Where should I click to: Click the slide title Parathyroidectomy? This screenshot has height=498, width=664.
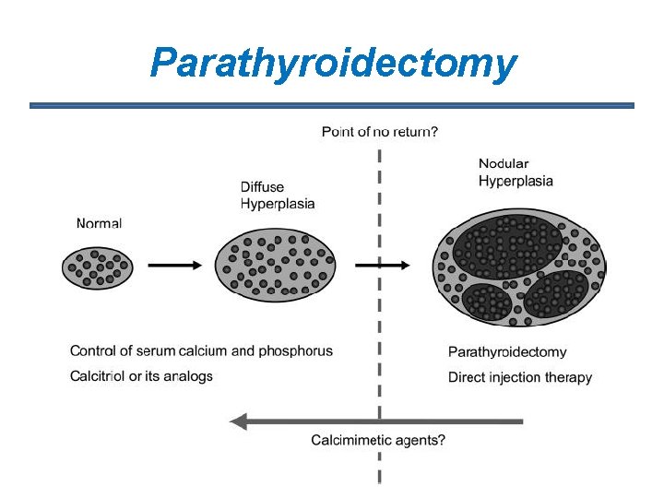click(333, 64)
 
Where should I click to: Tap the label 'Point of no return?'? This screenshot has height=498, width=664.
click(379, 132)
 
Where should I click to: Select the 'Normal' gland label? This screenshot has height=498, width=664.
click(99, 222)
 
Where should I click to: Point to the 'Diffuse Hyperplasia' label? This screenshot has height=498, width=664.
click(278, 196)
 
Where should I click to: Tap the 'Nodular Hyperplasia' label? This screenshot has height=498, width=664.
click(516, 172)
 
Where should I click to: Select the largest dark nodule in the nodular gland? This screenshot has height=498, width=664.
click(506, 243)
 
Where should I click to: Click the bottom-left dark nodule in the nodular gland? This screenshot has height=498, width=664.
click(487, 302)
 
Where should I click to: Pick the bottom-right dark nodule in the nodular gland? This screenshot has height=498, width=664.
click(555, 294)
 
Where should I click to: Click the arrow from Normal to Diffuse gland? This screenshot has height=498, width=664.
click(174, 265)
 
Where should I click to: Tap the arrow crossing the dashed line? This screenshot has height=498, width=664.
click(381, 265)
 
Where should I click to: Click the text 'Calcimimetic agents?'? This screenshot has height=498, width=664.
click(378, 440)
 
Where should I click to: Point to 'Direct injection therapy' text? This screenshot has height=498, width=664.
click(519, 377)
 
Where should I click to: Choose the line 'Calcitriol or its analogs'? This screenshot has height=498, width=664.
click(141, 375)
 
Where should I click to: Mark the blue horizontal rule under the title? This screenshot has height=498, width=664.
click(332, 106)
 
